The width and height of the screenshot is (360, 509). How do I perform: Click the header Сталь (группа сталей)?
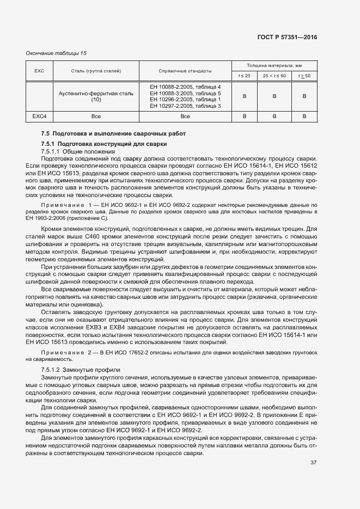point(96,71)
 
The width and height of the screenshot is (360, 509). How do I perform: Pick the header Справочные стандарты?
point(185,71)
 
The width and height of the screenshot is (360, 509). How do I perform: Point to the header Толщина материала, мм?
point(274,65)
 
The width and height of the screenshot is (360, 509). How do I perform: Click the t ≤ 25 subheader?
point(244,76)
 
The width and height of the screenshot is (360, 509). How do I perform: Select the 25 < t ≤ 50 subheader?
point(274,76)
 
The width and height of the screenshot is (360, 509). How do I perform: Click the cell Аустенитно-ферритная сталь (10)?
point(96,96)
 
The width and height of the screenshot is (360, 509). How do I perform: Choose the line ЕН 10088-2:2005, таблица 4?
point(185,87)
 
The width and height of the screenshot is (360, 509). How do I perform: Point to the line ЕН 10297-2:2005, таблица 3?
point(185,106)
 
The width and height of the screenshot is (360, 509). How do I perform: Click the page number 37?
point(313,463)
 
